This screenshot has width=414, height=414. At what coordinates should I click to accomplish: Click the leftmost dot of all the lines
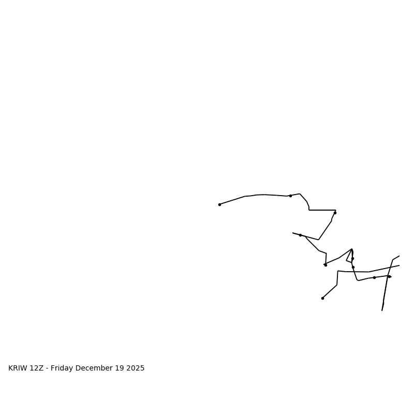pyautogui.click(x=219, y=204)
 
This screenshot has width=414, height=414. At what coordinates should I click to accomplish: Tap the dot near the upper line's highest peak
pyautogui.click(x=290, y=196)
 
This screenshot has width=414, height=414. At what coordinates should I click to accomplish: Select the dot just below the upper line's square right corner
pyautogui.click(x=335, y=213)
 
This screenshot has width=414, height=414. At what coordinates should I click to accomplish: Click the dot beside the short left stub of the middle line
pyautogui.click(x=300, y=235)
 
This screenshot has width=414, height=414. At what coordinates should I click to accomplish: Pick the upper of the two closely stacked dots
pyautogui.click(x=352, y=258)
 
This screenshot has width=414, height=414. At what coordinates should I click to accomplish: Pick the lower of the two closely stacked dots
pyautogui.click(x=353, y=267)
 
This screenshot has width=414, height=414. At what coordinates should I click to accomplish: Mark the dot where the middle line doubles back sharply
pyautogui.click(x=326, y=265)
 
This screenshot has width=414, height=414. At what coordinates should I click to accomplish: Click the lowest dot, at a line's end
pyautogui.click(x=322, y=298)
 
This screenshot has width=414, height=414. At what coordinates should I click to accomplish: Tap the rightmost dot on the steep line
pyautogui.click(x=389, y=276)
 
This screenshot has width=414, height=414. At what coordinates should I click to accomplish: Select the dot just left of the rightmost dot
pyautogui.click(x=374, y=277)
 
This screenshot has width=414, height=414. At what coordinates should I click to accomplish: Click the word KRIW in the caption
pyautogui.click(x=18, y=368)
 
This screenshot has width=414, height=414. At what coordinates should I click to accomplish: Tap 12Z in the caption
pyautogui.click(x=37, y=368)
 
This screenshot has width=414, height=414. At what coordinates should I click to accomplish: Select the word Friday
pyautogui.click(x=62, y=368)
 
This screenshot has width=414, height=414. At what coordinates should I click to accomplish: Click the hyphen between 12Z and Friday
pyautogui.click(x=47, y=368)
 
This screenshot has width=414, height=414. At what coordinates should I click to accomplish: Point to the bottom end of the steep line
pyautogui.click(x=382, y=310)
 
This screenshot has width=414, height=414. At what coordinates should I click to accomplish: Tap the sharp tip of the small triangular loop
pyautogui.click(x=352, y=249)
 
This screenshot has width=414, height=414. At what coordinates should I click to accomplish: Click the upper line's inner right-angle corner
pyautogui.click(x=309, y=210)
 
